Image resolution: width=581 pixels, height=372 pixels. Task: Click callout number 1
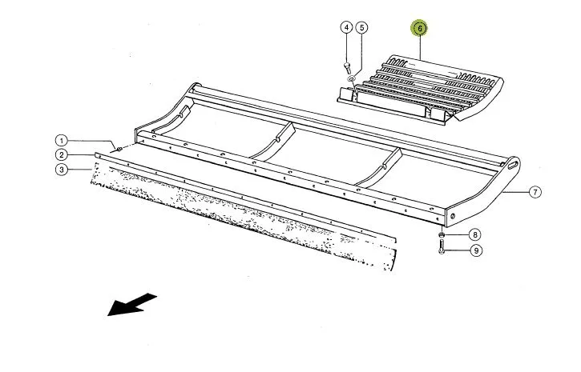[x=62, y=141]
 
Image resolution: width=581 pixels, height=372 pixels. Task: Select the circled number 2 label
[x=62, y=155]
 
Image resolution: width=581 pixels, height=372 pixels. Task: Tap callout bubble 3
[x=62, y=170]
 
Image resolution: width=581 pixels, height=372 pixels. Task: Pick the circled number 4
[x=346, y=27]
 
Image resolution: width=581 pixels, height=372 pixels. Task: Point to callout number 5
[x=361, y=27]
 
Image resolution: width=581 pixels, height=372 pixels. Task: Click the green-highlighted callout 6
[x=419, y=28]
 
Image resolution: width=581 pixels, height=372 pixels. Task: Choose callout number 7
[x=535, y=192]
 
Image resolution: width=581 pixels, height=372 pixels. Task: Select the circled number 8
[x=474, y=234]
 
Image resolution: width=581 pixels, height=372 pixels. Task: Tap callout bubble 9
[x=476, y=250]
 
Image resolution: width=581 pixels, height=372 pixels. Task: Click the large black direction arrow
[x=131, y=304]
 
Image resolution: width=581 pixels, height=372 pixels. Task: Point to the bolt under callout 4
[x=347, y=67]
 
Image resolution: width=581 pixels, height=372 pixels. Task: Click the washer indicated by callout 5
[x=350, y=78]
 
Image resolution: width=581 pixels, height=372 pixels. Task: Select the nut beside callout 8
[x=442, y=234]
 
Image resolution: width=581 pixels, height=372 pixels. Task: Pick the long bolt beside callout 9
[x=441, y=246]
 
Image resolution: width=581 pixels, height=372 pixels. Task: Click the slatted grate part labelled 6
[x=421, y=90]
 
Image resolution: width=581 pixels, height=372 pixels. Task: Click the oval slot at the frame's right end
[x=513, y=164]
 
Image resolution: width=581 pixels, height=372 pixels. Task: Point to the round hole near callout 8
[x=453, y=216]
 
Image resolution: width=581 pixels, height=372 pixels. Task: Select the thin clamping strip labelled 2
[x=244, y=196]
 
